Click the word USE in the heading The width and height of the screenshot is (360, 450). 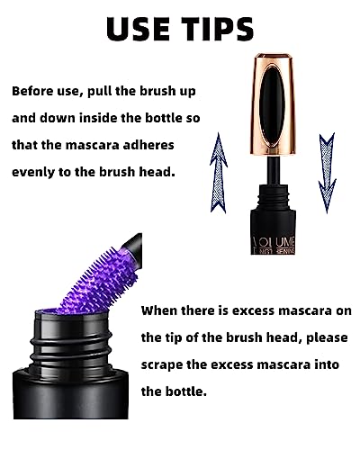click(139, 29)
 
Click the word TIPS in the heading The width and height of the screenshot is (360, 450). click(219, 29)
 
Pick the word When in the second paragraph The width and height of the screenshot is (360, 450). click(158, 310)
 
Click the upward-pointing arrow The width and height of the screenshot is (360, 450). click(219, 173)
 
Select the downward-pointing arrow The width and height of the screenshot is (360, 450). click(327, 173)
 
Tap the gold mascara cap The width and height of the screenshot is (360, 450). click(273, 104)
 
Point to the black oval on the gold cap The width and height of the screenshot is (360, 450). click(273, 106)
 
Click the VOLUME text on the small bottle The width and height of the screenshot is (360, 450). click(274, 242)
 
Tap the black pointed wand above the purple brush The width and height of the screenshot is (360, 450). click(133, 247)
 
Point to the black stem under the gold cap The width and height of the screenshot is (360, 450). click(274, 170)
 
